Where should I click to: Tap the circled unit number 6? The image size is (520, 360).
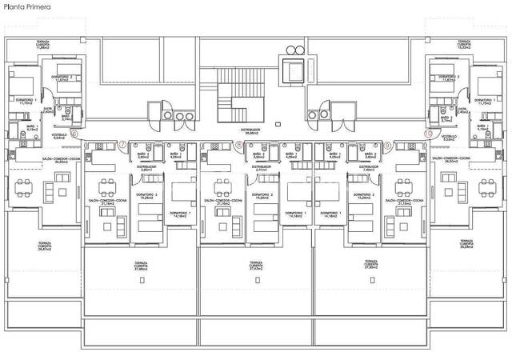click(74, 134)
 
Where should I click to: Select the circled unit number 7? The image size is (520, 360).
click(122, 145)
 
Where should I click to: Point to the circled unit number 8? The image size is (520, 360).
click(239, 145)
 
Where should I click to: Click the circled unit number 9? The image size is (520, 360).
click(388, 145)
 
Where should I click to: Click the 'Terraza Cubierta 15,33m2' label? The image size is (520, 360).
click(462, 44)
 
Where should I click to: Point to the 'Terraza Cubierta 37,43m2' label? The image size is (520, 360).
click(256, 266)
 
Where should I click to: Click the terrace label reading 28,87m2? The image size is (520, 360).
click(45, 246)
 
